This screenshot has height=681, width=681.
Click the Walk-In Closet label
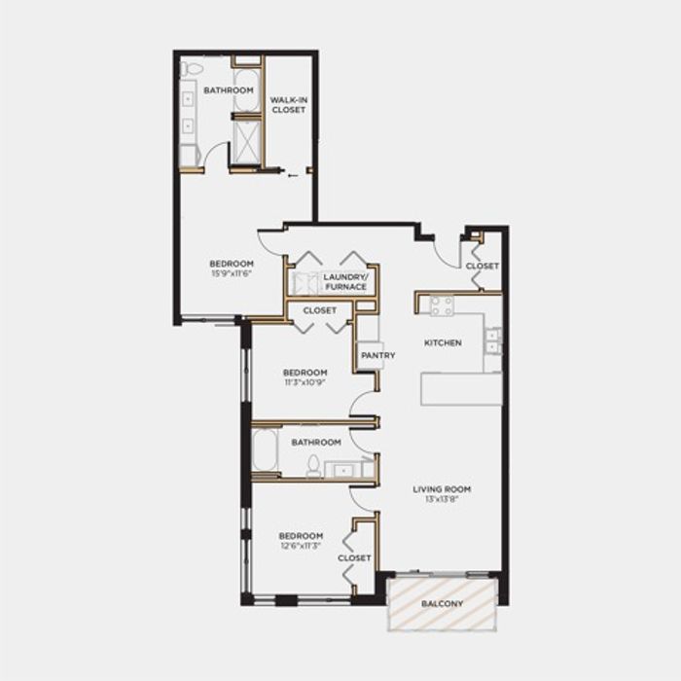tap(289, 105)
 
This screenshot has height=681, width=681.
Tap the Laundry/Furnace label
tap(345, 282)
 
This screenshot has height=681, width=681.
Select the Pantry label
tap(377, 355)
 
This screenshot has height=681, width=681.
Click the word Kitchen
tap(443, 342)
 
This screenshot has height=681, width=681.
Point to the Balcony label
tap(442, 604)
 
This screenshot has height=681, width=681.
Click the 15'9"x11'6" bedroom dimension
tap(232, 273)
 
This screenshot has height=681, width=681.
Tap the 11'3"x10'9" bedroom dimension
tap(305, 382)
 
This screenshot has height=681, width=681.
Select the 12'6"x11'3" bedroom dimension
tap(301, 546)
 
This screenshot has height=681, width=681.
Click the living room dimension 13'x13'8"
tap(442, 498)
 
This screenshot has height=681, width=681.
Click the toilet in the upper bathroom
tap(192, 68)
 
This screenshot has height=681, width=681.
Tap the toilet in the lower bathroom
tap(312, 465)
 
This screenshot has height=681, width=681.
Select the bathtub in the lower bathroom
tap(265, 449)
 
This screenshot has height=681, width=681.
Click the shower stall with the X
tap(247, 142)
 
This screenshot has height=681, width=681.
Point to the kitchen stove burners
tap(442, 305)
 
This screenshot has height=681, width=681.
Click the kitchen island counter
tap(461, 389)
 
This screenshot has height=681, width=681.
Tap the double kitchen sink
tap(493, 341)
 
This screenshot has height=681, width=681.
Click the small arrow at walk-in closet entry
tap(293, 175)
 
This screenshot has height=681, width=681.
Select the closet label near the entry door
tap(483, 266)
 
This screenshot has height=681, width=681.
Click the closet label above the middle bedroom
tap(320, 310)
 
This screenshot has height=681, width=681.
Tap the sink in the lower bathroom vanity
tap(344, 470)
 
